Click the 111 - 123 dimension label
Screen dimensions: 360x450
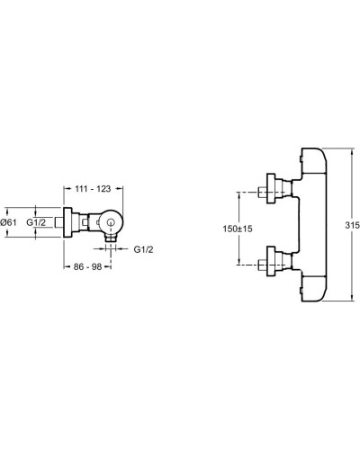(x=93, y=189)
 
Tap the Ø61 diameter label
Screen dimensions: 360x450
(x=9, y=222)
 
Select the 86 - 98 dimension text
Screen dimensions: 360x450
(x=87, y=266)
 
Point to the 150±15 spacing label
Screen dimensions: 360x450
(x=238, y=229)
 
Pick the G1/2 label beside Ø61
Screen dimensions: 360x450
(x=36, y=222)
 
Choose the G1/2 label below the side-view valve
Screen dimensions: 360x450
(x=143, y=249)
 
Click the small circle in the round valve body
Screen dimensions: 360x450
(x=111, y=222)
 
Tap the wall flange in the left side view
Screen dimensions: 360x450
(x=67, y=222)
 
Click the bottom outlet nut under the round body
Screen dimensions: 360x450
(x=111, y=238)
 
